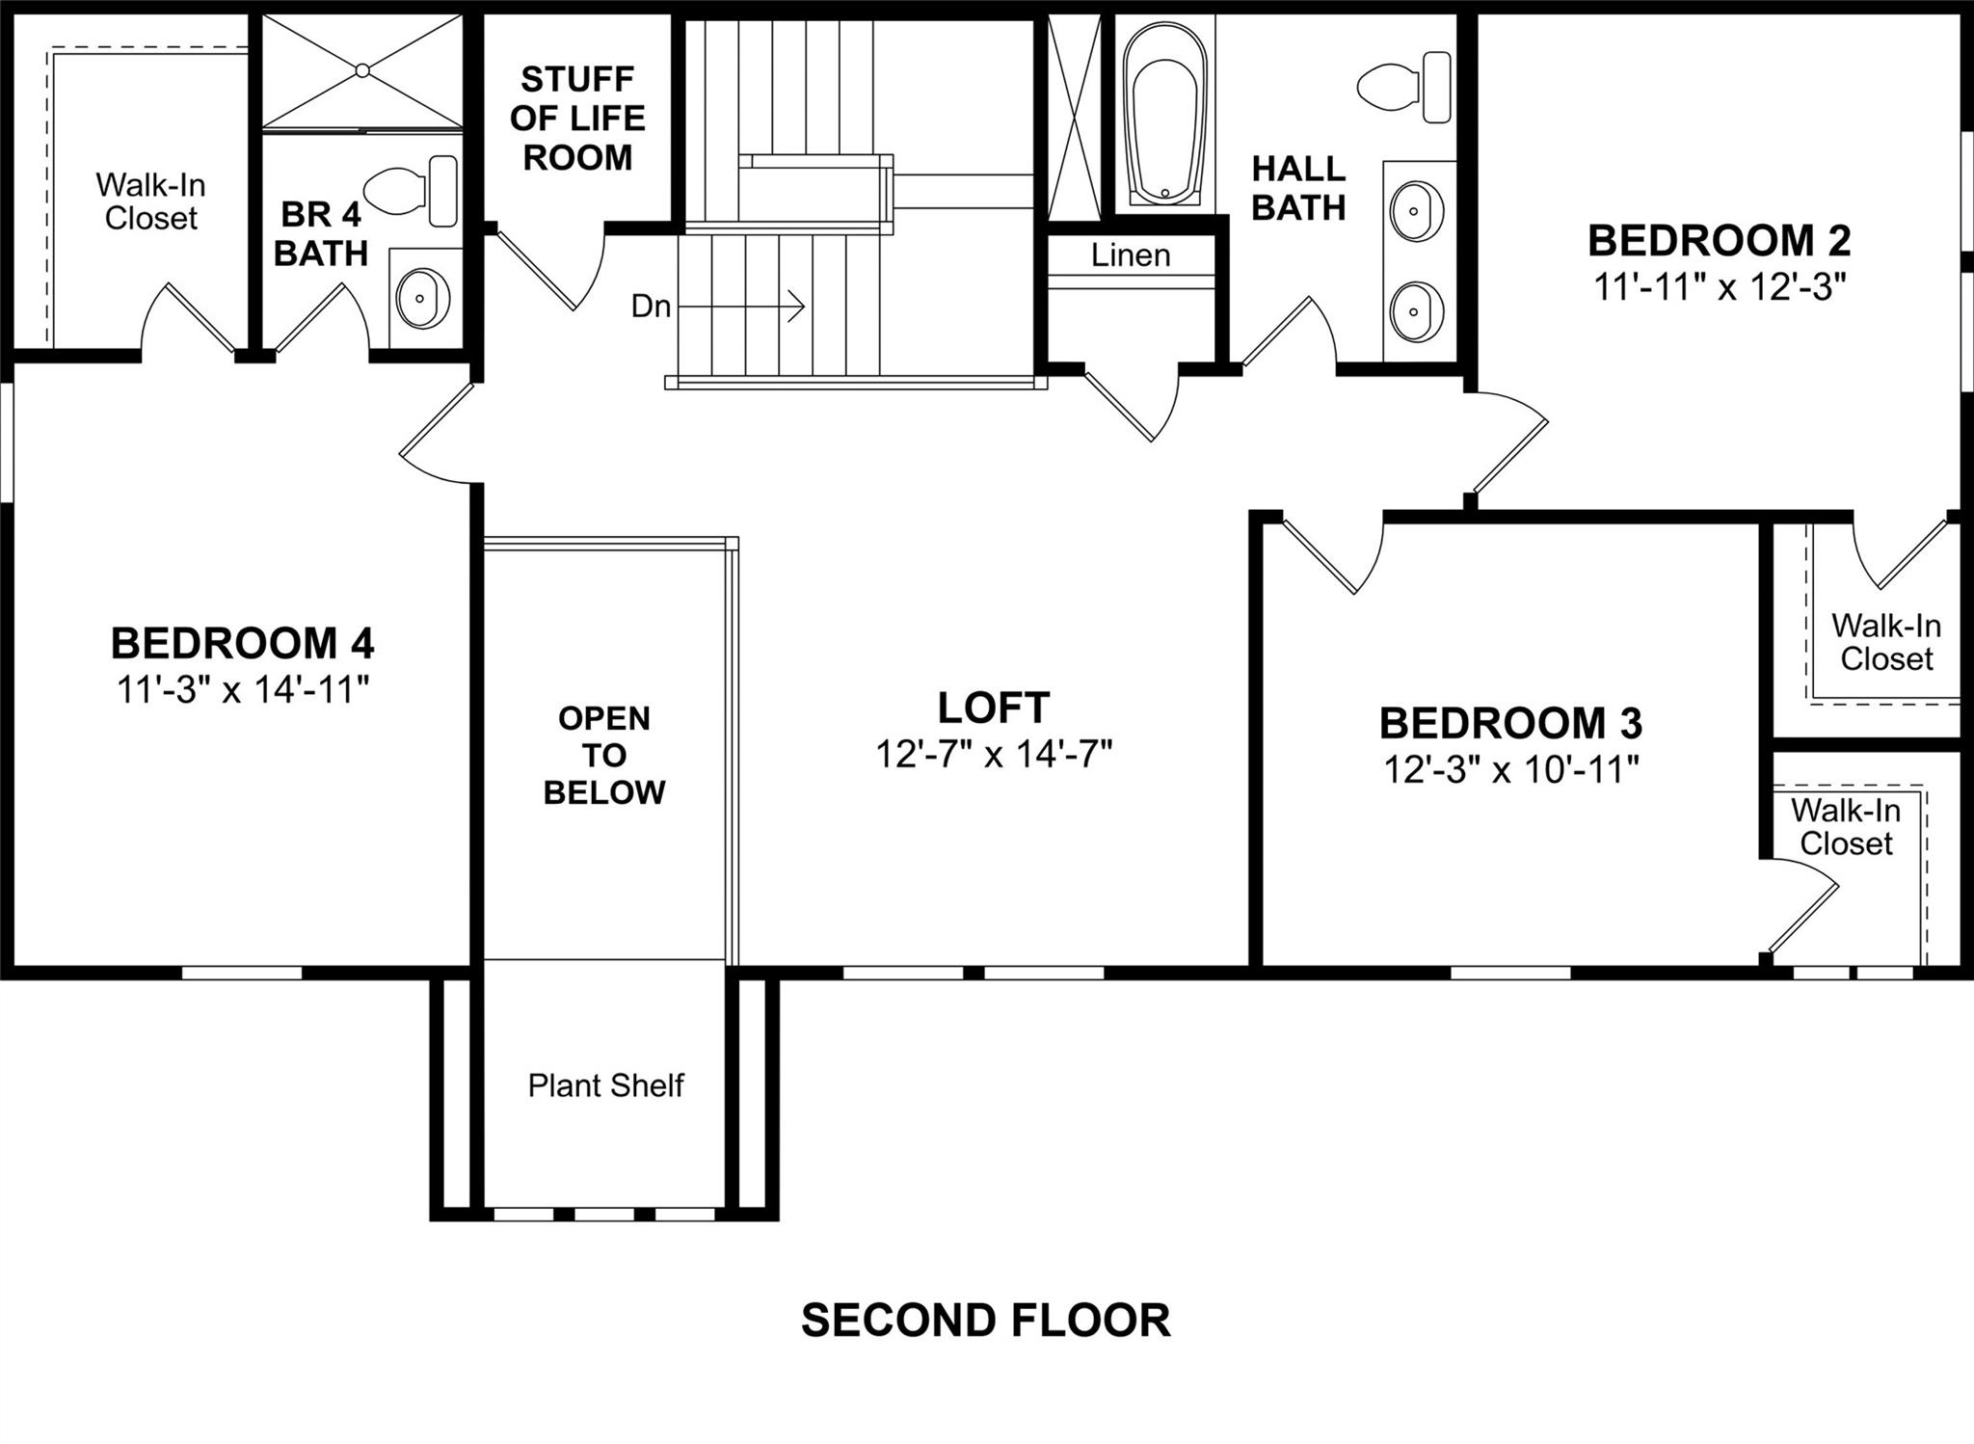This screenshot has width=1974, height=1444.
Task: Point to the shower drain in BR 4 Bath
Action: (362, 70)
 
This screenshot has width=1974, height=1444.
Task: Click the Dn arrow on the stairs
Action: (742, 307)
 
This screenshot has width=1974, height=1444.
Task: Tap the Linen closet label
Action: (1131, 255)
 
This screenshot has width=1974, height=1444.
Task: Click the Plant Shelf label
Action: (605, 1085)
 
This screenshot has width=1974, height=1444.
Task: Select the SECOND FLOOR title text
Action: (985, 1320)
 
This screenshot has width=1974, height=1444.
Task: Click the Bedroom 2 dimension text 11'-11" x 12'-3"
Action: (1719, 287)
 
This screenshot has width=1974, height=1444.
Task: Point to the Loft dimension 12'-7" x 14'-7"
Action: (993, 754)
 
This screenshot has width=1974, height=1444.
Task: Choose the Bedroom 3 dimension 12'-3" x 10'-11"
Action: (1510, 769)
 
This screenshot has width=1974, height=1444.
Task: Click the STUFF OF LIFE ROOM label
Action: (577, 118)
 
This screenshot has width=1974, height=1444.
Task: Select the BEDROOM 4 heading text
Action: (242, 643)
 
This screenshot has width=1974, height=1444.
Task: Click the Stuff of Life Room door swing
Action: (559, 270)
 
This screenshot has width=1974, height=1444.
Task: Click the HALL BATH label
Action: (1297, 188)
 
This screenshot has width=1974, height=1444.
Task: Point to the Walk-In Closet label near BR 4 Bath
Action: (151, 201)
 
